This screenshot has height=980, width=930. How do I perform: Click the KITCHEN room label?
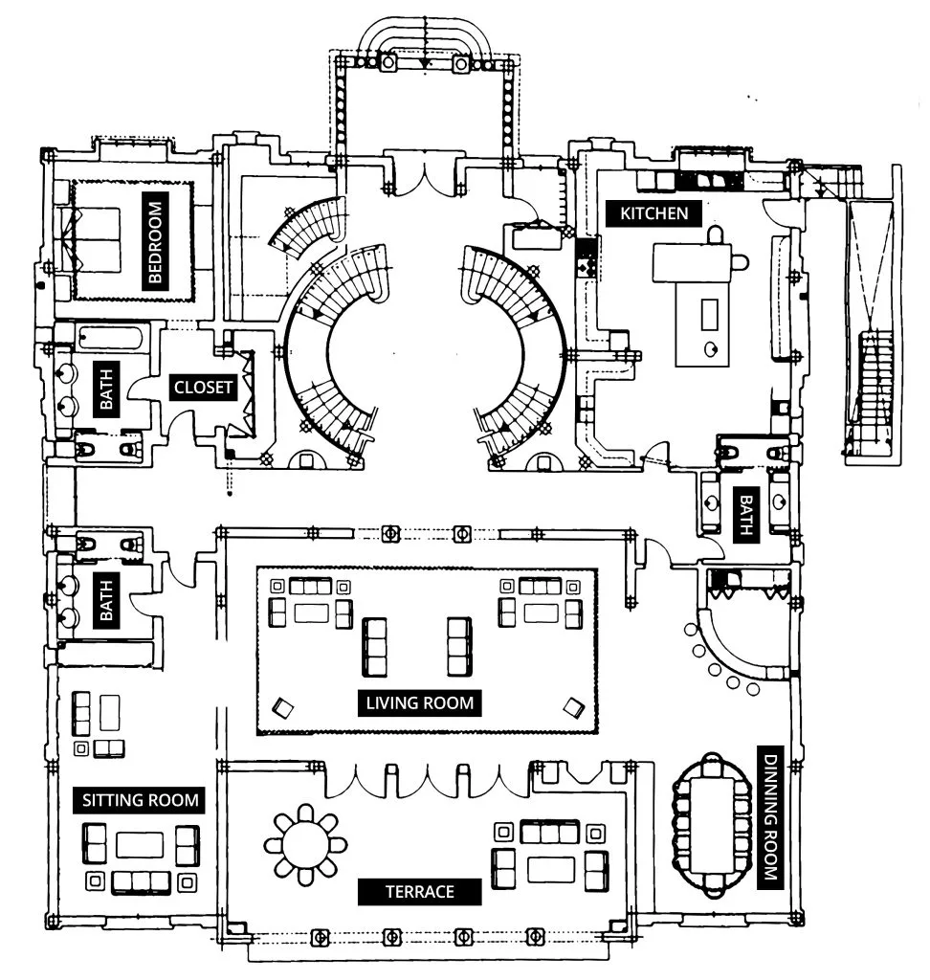click(x=653, y=212)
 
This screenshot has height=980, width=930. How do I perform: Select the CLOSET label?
click(x=203, y=388)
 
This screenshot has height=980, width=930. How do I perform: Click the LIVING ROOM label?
click(x=420, y=702)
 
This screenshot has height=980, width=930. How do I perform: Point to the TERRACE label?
click(x=419, y=891)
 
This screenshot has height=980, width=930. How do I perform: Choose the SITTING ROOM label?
click(x=142, y=799)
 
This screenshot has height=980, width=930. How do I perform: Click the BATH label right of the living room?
click(x=743, y=514)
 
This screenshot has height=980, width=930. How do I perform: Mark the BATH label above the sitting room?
click(x=106, y=598)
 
